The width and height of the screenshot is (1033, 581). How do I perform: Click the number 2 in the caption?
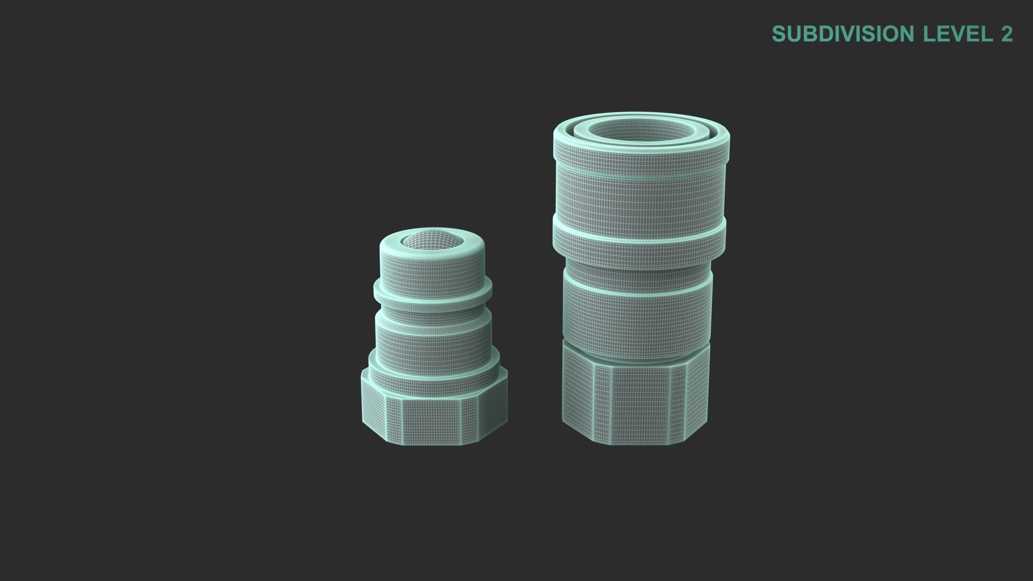point(1007,34)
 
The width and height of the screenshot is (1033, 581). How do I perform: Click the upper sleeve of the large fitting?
point(640,196)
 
